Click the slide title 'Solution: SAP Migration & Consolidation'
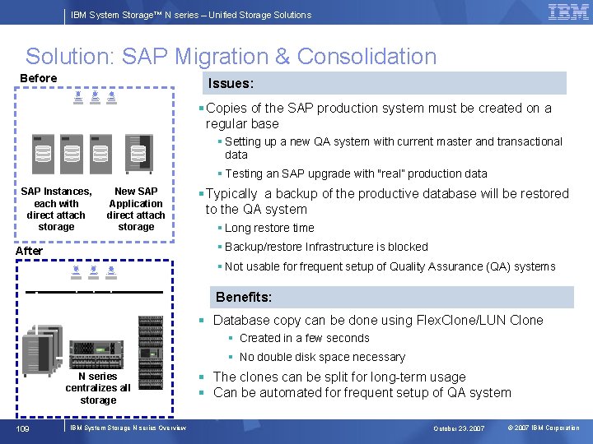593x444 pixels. click(231, 57)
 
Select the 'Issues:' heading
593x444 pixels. click(231, 83)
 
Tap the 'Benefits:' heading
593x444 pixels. click(244, 297)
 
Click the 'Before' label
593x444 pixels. click(39, 78)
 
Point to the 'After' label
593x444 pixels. click(30, 250)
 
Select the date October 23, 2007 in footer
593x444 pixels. click(460, 428)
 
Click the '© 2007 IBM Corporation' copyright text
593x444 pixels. click(544, 428)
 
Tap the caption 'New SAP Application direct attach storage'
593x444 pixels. click(136, 209)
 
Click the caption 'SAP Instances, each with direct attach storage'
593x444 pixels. click(56, 209)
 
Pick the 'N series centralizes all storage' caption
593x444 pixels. click(98, 388)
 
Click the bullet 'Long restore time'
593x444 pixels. click(269, 228)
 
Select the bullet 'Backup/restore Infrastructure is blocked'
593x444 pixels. click(326, 247)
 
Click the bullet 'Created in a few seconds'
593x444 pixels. click(304, 338)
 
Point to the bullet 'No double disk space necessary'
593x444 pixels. click(322, 357)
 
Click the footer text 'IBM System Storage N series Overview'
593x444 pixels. click(128, 428)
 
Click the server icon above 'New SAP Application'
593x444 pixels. click(138, 150)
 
